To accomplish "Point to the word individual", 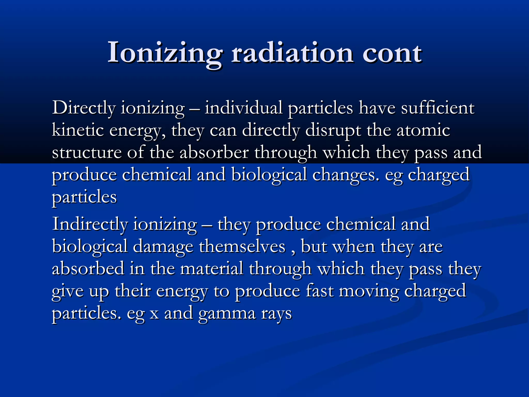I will [244, 108].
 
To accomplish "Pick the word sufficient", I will [438, 108].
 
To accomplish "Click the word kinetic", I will [78, 130].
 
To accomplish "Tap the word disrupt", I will [333, 130].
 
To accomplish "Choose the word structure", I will [87, 152].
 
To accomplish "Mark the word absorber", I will [214, 152].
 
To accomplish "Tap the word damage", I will [163, 246].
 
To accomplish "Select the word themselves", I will [242, 246].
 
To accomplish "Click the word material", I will [212, 269].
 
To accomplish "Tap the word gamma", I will [227, 314].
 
